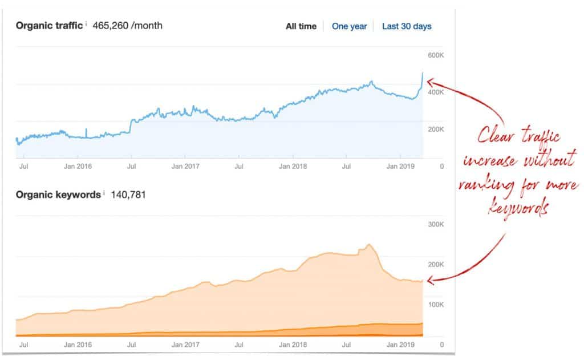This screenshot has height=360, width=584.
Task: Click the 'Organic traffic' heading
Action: tap(50, 26)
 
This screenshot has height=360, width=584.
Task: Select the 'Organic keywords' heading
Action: tap(58, 195)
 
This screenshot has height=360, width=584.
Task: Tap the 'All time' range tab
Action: tap(301, 26)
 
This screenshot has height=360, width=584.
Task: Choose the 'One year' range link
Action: tap(349, 26)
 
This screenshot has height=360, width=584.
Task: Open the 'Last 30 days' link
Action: tap(407, 26)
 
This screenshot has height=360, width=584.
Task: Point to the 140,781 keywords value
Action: tap(128, 195)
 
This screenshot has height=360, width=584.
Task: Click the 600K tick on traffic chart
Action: tap(436, 55)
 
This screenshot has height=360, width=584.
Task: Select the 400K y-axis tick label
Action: tap(436, 92)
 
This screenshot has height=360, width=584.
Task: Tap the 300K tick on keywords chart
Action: tap(436, 224)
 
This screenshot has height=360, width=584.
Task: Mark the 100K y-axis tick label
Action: tap(436, 305)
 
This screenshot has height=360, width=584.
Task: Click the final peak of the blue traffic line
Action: tap(422, 72)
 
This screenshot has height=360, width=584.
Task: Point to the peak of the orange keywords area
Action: tap(369, 245)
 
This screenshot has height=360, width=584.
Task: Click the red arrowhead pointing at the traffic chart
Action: tap(429, 81)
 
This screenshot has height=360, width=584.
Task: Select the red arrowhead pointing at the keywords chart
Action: tap(429, 280)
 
